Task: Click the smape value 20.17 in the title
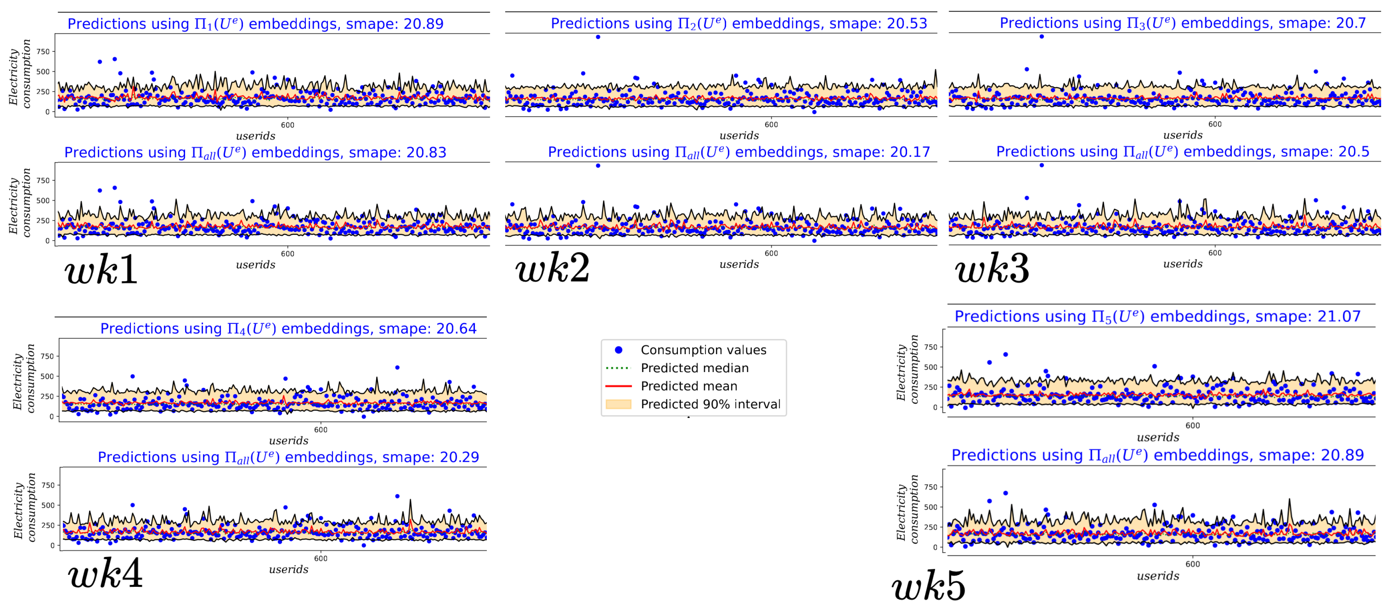click(910, 152)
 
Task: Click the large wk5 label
click(928, 586)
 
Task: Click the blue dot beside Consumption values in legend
click(618, 350)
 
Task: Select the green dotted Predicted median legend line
click(618, 368)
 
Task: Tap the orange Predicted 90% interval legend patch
click(618, 404)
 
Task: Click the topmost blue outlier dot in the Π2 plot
click(598, 37)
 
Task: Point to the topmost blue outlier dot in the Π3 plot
click(1041, 36)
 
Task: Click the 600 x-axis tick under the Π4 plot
click(320, 430)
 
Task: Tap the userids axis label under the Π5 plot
click(1158, 437)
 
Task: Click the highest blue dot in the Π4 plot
click(397, 368)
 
